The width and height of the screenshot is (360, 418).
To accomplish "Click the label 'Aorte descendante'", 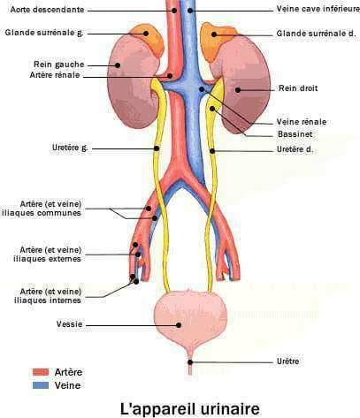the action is coord(47,10).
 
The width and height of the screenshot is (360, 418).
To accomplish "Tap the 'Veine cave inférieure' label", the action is coord(318,9).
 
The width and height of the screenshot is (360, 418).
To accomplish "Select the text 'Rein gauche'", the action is coord(59,65).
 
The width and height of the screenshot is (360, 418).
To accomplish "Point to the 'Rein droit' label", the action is coord(298,88).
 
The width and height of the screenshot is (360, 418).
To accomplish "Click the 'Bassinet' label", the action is coord(295,134).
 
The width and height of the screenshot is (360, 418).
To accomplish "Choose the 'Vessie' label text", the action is coord(69,324).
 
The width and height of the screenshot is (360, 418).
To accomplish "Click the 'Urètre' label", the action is coord(288,361).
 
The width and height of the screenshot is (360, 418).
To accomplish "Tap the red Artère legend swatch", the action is coord(41,372).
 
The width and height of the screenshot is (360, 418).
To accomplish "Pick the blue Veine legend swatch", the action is coord(41,385).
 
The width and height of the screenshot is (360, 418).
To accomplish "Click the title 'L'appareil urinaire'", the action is coord(190,409).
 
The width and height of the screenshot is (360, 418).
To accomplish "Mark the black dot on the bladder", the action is coord(179,325).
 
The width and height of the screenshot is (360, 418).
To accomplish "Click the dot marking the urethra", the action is coord(190,362).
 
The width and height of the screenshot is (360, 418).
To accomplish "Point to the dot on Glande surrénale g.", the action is coord(146,34).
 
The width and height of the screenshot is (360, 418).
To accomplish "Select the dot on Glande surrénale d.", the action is coord(214,34).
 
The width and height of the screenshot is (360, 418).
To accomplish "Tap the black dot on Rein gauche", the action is coord(118,65).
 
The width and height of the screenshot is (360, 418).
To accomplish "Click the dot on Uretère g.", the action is coord(157,148).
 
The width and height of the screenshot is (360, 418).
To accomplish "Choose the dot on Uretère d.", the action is coord(212,151).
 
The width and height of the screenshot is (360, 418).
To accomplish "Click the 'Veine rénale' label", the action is coord(302,122).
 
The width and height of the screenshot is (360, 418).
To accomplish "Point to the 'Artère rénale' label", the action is coord(55,75).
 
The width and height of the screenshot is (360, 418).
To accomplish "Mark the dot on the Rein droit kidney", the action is coord(238,90).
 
